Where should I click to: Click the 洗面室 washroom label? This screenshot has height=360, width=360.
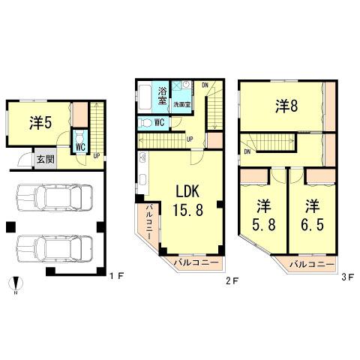click(x=183, y=103)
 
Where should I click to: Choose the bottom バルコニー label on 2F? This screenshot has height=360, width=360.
click(x=196, y=263)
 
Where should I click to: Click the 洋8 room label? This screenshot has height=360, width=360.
click(x=286, y=106)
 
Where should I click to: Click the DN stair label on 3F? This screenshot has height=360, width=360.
click(x=248, y=151)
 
